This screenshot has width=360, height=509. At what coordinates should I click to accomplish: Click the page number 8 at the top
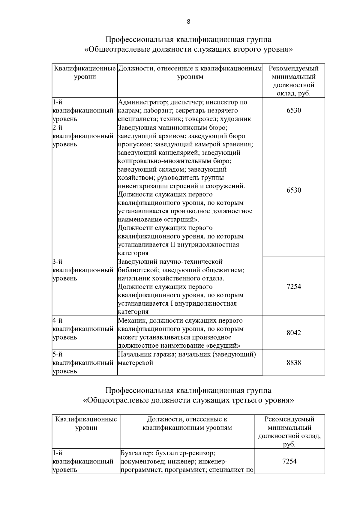[188, 21]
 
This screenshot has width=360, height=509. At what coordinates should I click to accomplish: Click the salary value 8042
[293, 333]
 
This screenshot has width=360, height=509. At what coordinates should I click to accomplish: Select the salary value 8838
[293, 363]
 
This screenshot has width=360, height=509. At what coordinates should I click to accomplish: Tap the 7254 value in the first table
[293, 286]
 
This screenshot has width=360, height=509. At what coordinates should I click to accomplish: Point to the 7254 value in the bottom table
[289, 461]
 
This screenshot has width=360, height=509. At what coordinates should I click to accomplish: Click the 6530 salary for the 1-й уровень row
[293, 110]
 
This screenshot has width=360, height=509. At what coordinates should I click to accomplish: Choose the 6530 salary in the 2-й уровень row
[293, 190]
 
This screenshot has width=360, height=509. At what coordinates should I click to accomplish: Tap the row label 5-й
[57, 354]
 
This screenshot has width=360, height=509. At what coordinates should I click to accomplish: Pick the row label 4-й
[57, 321]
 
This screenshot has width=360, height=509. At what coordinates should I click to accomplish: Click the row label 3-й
[57, 262]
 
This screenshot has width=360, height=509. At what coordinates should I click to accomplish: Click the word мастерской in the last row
[135, 363]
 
